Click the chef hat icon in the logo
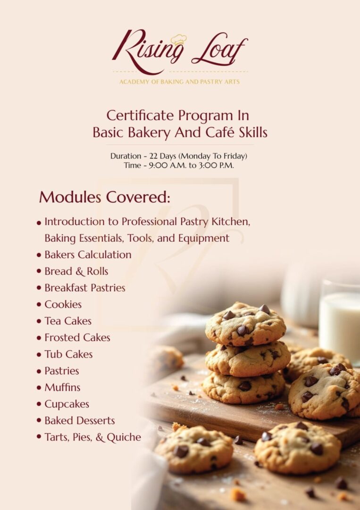[179, 40]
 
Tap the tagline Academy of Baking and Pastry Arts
[179, 82]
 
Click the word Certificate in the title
[135, 115]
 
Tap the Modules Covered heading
[104, 197]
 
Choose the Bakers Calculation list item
[88, 255]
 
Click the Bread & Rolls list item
[76, 272]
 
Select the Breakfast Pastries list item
[85, 288]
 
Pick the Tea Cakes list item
[68, 321]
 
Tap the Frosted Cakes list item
[77, 338]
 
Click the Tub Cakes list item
[68, 354]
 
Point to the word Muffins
[62, 388]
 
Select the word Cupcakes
[67, 404]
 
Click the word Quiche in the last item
[124, 437]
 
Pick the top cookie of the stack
[245, 323]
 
